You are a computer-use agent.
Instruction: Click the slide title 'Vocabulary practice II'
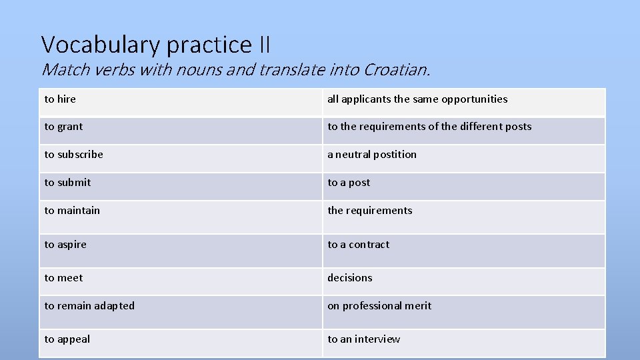pos(156,45)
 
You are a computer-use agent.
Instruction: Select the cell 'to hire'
pos(60,99)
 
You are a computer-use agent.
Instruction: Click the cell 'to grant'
pos(64,127)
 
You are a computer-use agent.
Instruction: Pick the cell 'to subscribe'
pos(74,155)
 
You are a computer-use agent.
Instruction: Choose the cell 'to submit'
pos(67,183)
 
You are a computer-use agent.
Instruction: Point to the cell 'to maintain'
pos(72,211)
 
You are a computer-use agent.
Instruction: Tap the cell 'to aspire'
pos(65,245)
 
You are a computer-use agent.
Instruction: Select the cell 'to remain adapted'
pos(89,306)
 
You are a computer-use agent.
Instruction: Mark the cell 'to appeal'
pos(67,339)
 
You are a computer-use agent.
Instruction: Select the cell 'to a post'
pos(349,183)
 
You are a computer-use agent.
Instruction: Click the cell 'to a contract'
pos(358,245)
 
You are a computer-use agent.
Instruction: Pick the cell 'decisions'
pos(350,278)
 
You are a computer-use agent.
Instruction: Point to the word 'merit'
pos(417,306)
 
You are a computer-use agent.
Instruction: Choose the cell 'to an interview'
pos(363,339)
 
